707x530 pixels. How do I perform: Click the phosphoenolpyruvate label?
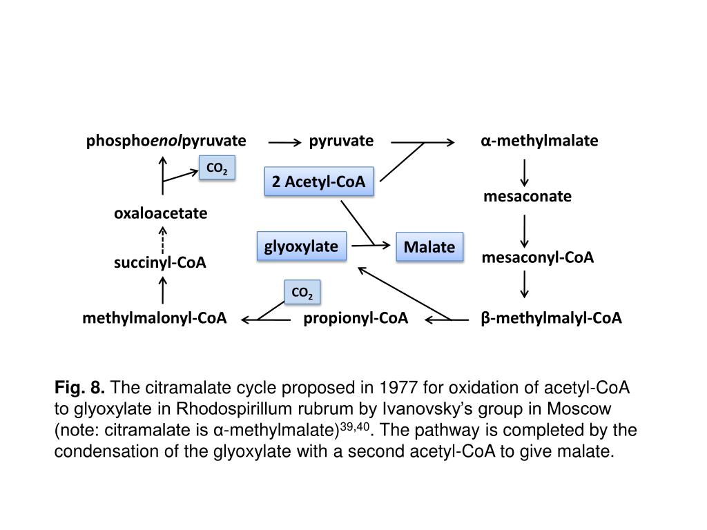coord(166,141)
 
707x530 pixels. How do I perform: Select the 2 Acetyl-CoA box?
coord(318,182)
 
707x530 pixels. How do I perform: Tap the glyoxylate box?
coord(301,246)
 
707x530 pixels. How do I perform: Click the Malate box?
coord(429,247)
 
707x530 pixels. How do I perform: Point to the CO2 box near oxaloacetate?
coord(217,168)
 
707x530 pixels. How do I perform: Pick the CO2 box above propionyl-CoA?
coord(302,293)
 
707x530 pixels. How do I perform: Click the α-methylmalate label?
coord(540,141)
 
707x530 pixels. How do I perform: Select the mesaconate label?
coord(527,197)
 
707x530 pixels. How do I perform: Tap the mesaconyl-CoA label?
coord(538,257)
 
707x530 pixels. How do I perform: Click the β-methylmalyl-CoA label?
coord(552,318)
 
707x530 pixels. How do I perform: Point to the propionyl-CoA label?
coord(356,318)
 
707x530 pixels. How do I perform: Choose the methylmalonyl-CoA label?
coord(155,318)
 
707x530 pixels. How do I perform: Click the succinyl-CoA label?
coord(160,263)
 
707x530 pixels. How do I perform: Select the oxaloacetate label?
coord(161,214)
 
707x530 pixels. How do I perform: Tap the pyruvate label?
coord(341,141)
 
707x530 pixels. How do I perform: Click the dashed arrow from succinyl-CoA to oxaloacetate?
coord(162,239)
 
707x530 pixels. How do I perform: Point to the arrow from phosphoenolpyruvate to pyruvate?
coord(285,143)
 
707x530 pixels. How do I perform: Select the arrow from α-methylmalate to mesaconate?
coord(525,172)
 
